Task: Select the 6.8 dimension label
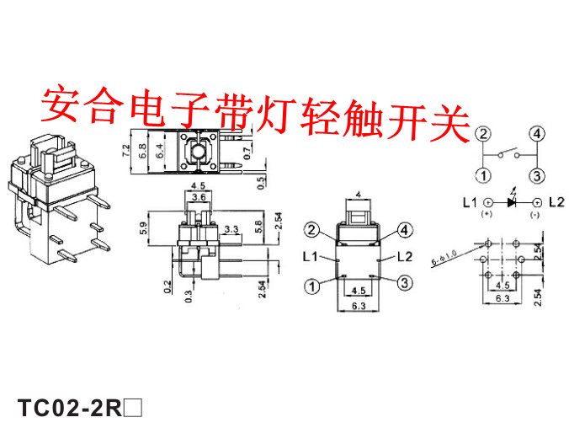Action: point(141,153)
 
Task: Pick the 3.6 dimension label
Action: point(199,197)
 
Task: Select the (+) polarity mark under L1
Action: point(487,216)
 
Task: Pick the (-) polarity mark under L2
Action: point(534,216)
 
